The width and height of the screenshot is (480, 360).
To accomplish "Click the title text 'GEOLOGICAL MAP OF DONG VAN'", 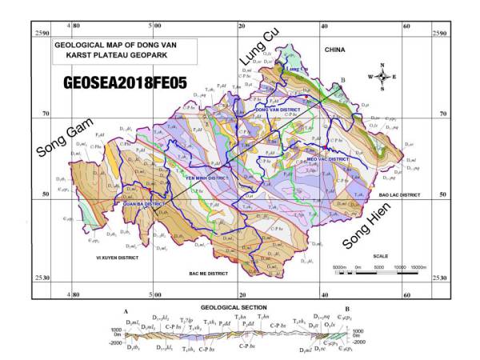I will [109, 46].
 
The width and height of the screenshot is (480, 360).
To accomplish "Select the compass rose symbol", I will [383, 77].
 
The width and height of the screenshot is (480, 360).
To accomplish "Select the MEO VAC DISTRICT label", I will [328, 159].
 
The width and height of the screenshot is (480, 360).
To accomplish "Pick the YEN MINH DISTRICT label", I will [207, 178].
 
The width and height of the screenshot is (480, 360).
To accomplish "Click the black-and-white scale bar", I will [376, 273].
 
